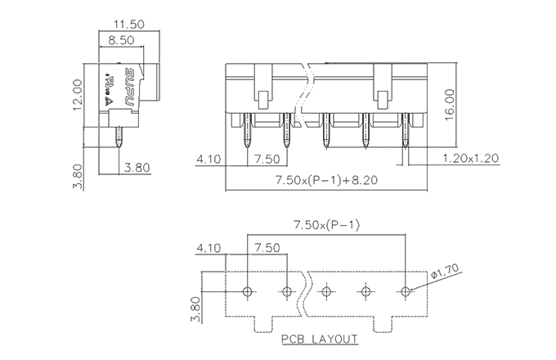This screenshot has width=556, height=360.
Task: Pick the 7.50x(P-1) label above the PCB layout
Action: pyautogui.click(x=327, y=226)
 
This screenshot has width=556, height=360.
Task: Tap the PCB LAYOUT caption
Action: pyautogui.click(x=320, y=339)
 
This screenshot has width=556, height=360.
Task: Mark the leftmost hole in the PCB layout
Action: pyautogui.click(x=249, y=291)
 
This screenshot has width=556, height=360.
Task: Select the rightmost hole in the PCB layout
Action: pyautogui.click(x=406, y=291)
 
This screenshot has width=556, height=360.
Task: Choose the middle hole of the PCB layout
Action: pyautogui.click(x=327, y=291)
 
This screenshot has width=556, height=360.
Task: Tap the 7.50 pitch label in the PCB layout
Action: pyautogui.click(x=267, y=247)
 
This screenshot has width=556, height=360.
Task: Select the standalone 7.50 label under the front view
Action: pyautogui.click(x=267, y=158)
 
